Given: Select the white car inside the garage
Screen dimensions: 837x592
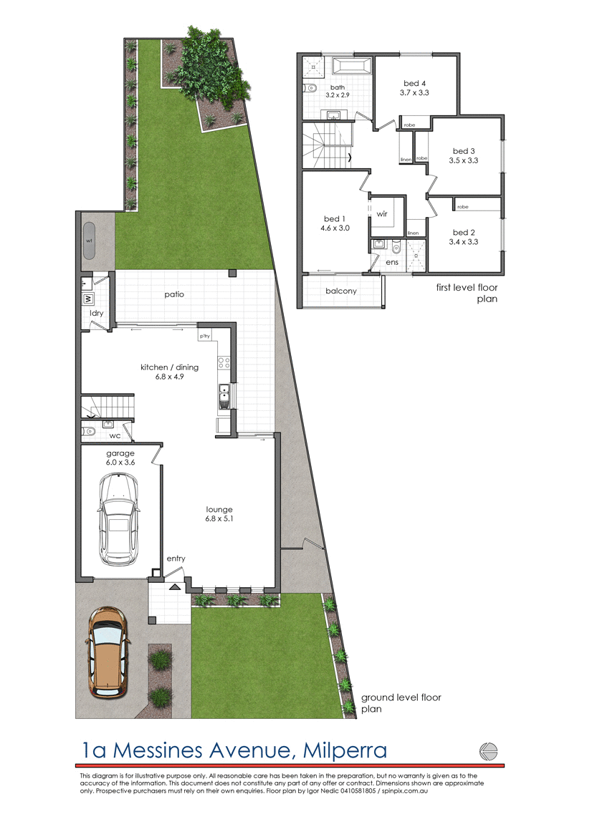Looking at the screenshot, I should tap(119, 521).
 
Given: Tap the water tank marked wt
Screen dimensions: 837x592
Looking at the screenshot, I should tap(90, 240).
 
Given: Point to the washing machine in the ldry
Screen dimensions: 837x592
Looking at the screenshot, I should tap(87, 298).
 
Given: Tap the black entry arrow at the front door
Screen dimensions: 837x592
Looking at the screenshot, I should tap(173, 586).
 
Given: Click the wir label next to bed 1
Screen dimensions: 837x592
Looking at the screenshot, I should tap(382, 213).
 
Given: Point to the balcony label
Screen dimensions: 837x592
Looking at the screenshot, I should tap(341, 291).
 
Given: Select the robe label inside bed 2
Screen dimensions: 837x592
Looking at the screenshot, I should tap(462, 207).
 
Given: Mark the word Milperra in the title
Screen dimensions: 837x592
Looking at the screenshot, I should tap(345, 750).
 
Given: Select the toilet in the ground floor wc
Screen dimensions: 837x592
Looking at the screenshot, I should tap(89, 432).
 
